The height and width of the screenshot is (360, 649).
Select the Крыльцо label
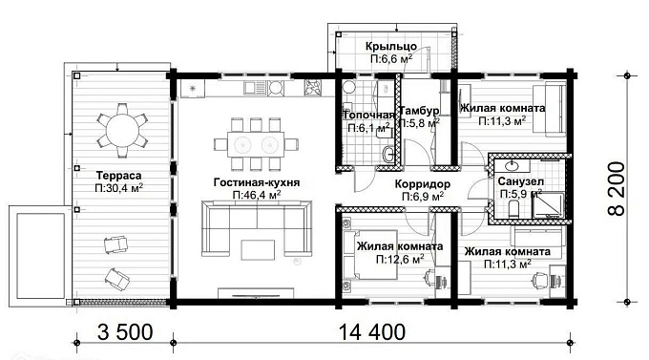pyautogui.click(x=389, y=47)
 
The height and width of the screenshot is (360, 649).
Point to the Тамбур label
pyautogui.click(x=419, y=110)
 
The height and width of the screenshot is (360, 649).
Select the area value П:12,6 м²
pyautogui.click(x=399, y=259)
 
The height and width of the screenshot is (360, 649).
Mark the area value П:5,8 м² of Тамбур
pyautogui.click(x=419, y=123)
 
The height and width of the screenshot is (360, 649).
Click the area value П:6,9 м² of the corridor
pyautogui.click(x=420, y=196)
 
